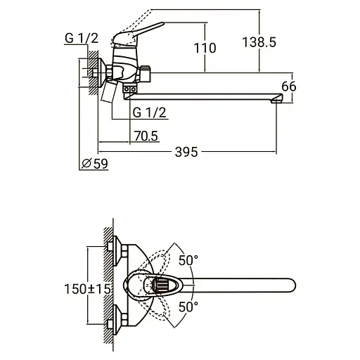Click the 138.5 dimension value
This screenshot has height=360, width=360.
tap(259, 42)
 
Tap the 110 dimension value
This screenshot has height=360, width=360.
tap(205, 48)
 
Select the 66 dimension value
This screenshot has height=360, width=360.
tap(289, 86)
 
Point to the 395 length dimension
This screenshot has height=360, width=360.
tap(186, 152)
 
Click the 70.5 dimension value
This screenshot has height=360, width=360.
tap(146, 136)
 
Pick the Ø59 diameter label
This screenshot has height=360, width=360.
tap(95, 163)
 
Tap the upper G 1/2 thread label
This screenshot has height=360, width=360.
tap(82, 38)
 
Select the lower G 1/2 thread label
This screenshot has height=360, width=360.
tap(149, 112)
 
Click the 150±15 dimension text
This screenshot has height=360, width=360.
tap(87, 289)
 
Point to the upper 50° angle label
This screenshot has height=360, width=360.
tap(188, 260)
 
